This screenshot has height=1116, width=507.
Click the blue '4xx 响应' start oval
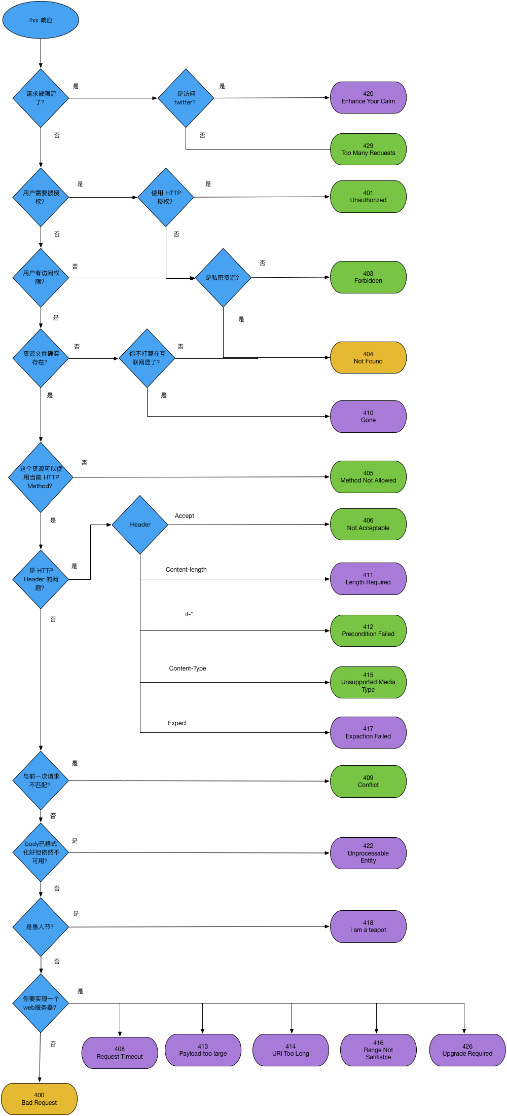tap(41, 20)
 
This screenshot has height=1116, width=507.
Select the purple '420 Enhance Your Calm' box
tap(368, 98)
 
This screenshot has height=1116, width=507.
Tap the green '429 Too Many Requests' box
tap(368, 150)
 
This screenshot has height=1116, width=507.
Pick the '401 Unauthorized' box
tap(368, 197)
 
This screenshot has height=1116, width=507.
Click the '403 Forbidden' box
tap(368, 277)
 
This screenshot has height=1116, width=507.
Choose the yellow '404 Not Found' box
tap(368, 358)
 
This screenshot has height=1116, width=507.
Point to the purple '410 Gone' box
tap(368, 417)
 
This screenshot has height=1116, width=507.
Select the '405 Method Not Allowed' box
tap(368, 477)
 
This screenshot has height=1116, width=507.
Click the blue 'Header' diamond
tap(140, 525)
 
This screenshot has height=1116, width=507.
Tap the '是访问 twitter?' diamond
tap(186, 98)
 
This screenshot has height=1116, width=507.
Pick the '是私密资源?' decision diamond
tap(223, 278)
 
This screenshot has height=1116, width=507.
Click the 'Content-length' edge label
tap(186, 570)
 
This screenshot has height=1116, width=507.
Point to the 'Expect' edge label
tap(177, 723)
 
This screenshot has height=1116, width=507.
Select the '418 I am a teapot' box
tap(368, 926)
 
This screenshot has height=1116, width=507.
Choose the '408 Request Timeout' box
tap(120, 1053)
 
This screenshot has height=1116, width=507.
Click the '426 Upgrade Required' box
tap(467, 1050)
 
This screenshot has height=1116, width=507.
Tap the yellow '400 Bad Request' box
tap(39, 1099)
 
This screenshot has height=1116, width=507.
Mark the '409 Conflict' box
tap(368, 782)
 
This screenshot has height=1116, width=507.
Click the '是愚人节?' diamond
tap(41, 927)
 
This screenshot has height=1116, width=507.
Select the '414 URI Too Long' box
tap(291, 1050)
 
